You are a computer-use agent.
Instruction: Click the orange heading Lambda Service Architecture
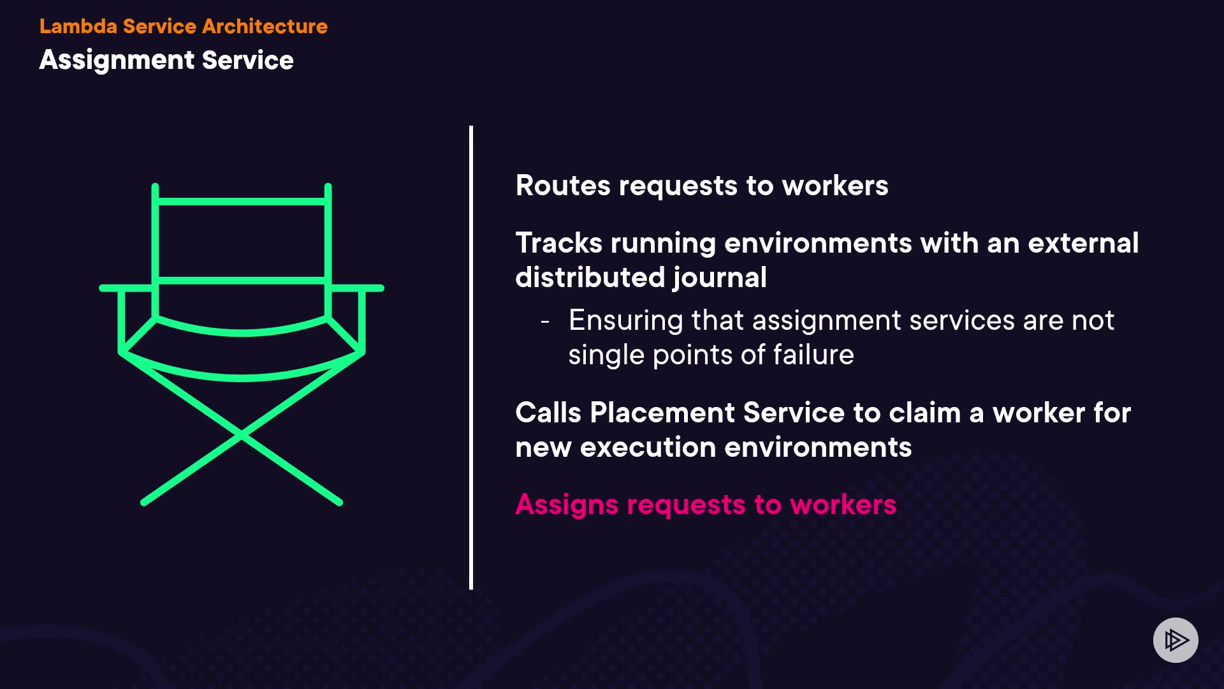tap(183, 26)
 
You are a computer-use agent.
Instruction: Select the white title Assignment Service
tap(166, 60)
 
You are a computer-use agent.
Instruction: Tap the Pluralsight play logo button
tap(1175, 640)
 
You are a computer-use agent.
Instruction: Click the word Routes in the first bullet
tap(562, 186)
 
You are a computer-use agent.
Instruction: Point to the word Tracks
tap(558, 243)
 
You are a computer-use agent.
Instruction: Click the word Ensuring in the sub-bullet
tap(625, 320)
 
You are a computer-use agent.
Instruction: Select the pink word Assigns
tap(566, 505)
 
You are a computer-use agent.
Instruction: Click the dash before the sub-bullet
tap(544, 321)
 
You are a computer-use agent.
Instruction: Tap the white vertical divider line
tap(471, 357)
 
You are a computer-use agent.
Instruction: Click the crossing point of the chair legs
tap(242, 435)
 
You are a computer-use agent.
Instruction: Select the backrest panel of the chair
tap(242, 241)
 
